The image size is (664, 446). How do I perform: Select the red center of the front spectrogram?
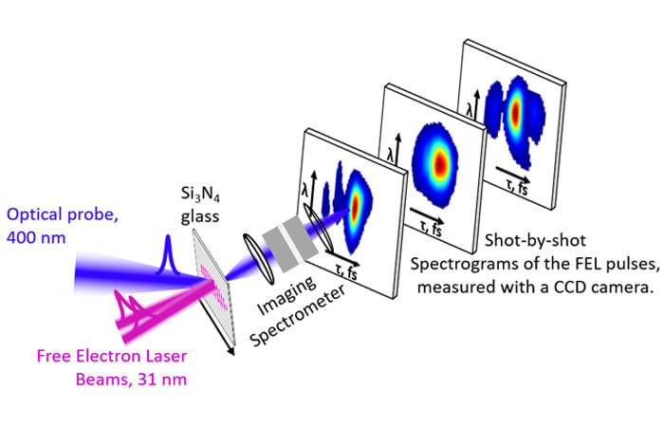[357, 205]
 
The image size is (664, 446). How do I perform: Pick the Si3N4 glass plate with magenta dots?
[214, 275]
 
